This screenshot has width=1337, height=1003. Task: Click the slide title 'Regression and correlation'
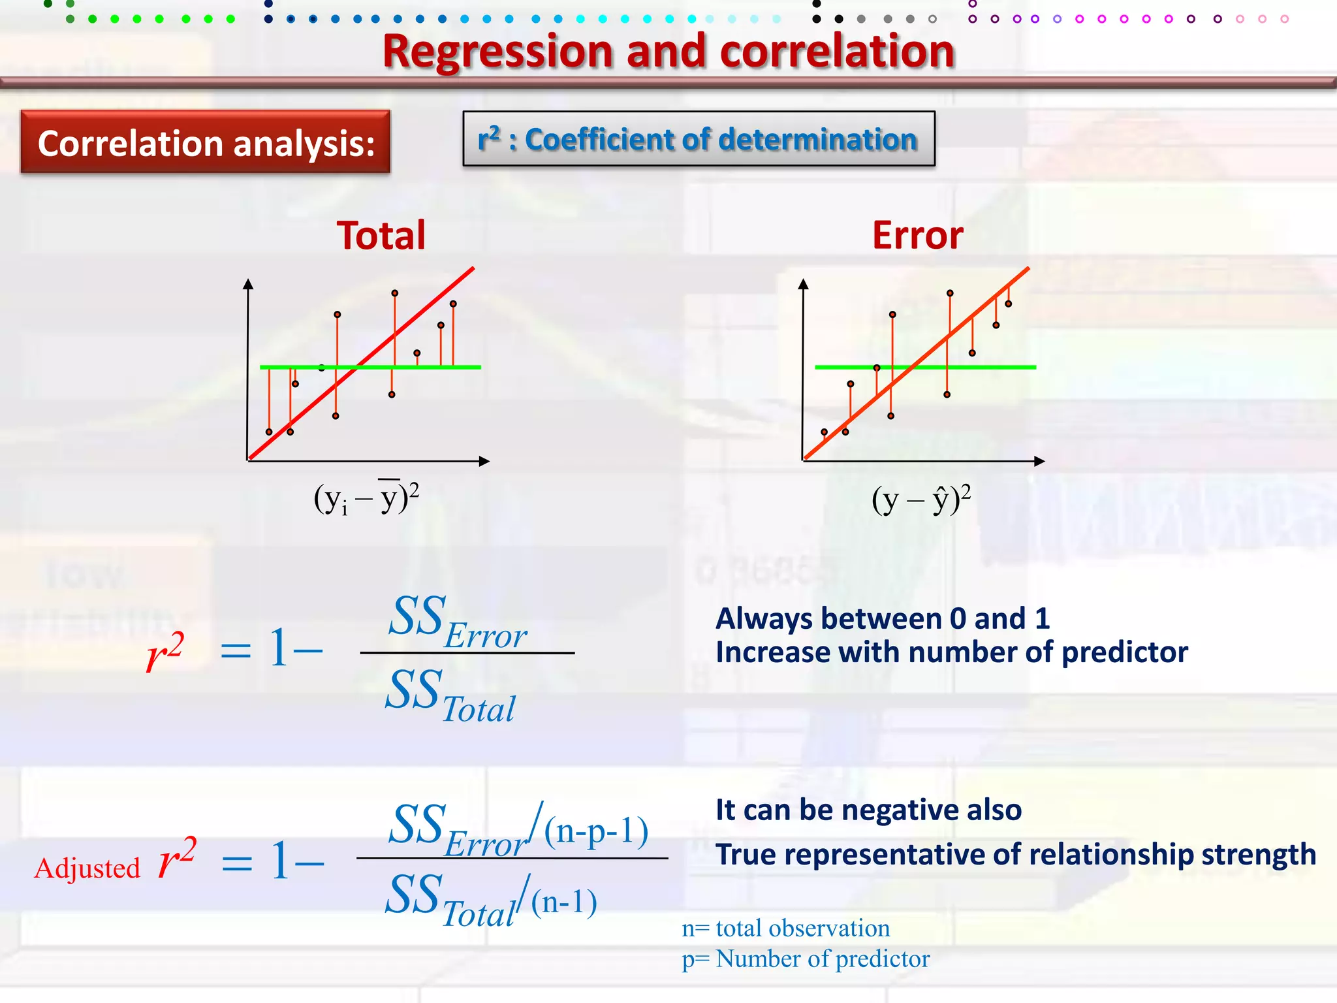click(668, 52)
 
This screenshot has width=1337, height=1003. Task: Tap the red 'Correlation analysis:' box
click(206, 142)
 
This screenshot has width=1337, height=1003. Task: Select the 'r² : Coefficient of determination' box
click(699, 139)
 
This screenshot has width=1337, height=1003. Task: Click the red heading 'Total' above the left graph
click(381, 236)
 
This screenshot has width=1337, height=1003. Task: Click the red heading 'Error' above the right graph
click(917, 236)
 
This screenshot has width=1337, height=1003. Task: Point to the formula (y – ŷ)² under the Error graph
click(921, 500)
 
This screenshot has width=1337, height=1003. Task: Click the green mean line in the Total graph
click(444, 367)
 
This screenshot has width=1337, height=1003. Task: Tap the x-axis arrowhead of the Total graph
click(484, 461)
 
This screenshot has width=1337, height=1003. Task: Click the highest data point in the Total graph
click(394, 293)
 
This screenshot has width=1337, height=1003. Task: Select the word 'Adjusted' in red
click(87, 868)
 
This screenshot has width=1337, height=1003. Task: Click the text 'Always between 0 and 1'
click(883, 618)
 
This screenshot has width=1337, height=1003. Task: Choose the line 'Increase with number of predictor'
click(952, 652)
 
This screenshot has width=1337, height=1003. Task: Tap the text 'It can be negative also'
click(868, 810)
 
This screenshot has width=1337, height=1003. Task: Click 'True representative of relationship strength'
click(1016, 854)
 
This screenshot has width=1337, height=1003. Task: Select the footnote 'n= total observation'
click(786, 928)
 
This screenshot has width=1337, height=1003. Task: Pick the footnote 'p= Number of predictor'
click(806, 959)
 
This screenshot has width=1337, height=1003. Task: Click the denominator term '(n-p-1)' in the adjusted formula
click(596, 831)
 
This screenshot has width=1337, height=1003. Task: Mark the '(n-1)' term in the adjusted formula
click(564, 902)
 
